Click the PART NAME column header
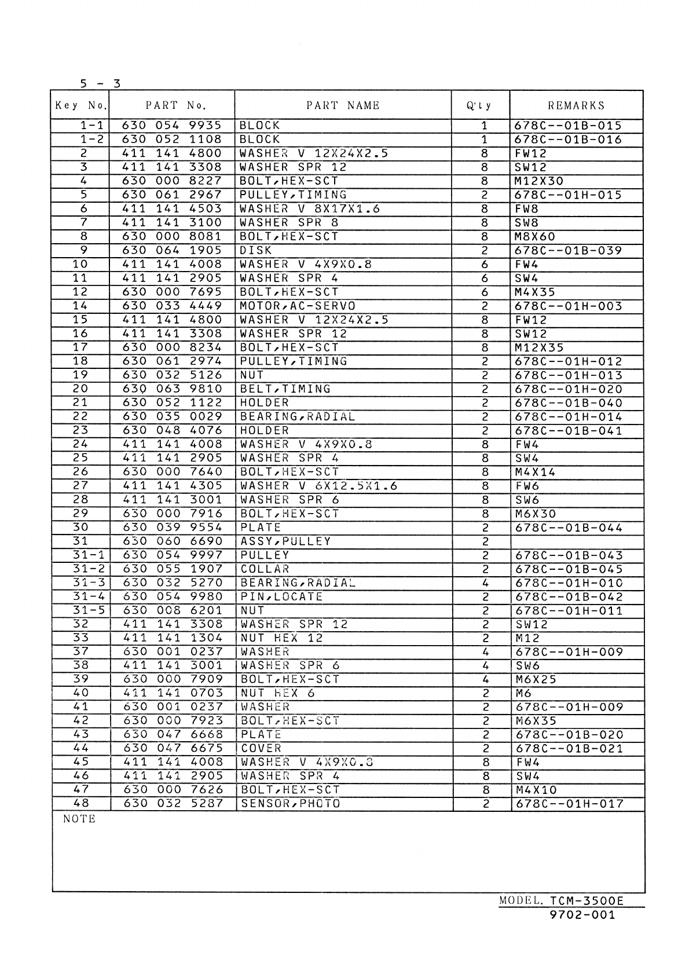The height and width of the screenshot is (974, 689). [343, 105]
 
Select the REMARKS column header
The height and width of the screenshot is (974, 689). [576, 105]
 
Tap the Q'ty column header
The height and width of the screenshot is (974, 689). [479, 105]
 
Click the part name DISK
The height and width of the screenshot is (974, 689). [256, 251]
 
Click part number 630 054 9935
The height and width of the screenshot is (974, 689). [172, 126]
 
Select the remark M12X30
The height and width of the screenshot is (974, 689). [538, 181]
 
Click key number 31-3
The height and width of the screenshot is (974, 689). [88, 583]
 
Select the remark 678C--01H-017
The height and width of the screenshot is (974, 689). [569, 804]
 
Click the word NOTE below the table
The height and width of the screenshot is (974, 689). [79, 819]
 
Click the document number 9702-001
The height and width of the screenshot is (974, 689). [582, 916]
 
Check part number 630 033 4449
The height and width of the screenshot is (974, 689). [172, 306]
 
